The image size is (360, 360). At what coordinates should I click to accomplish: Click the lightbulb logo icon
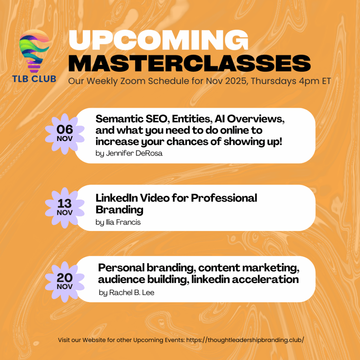pos(34,51)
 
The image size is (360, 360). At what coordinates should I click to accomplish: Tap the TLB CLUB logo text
pos(34,79)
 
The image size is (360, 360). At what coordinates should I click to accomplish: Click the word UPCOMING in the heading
pos(159,40)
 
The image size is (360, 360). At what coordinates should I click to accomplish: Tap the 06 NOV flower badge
pos(65,134)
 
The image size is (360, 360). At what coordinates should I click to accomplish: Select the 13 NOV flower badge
pos(65,208)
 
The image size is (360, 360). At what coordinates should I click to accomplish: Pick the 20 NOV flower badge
pos(65,282)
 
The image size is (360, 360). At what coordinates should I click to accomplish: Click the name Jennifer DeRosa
pos(134,153)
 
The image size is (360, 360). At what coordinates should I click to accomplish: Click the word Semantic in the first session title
pos(120,119)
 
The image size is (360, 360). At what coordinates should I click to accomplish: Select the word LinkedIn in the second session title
pos(116,198)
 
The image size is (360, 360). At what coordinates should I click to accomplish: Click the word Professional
pos(224,198)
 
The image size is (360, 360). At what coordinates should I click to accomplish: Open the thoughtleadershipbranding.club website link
pos(245,340)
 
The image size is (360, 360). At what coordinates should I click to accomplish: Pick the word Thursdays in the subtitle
pos(274,81)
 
